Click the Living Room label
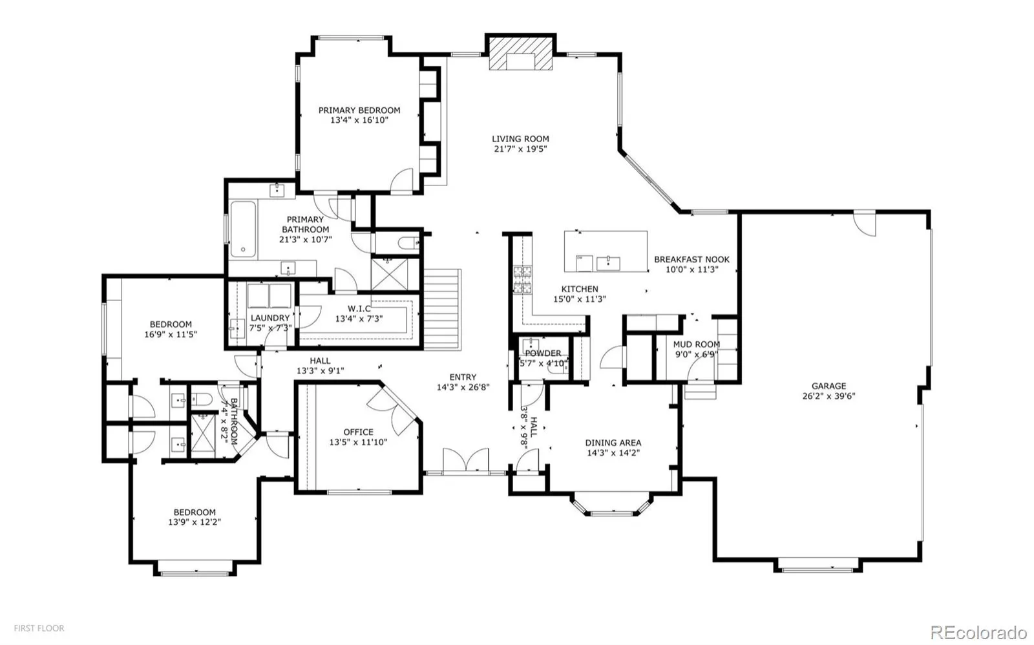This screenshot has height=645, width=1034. click(520, 138)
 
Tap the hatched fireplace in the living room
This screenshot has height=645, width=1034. click(521, 54)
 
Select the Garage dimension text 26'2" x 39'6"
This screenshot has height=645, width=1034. click(828, 396)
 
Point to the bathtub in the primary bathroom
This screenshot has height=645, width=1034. click(243, 229)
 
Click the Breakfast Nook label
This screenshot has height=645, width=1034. click(691, 259)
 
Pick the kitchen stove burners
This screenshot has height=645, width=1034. click(522, 280)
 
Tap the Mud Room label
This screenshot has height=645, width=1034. click(696, 344)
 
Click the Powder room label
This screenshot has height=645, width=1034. click(543, 354)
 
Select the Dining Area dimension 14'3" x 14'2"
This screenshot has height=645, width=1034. click(613, 452)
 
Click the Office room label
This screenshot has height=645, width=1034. click(358, 432)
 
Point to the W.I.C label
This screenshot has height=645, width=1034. click(359, 308)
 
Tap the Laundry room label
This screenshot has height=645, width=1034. click(270, 317)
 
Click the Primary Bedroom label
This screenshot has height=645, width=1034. click(359, 110)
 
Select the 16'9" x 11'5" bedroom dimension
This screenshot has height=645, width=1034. click(171, 334)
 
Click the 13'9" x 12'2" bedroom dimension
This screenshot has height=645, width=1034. click(195, 522)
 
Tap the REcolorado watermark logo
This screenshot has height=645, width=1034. click(978, 632)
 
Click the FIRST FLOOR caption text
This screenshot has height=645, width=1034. click(39, 628)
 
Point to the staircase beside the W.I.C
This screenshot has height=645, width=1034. click(442, 310)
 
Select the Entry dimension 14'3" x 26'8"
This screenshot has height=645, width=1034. click(463, 387)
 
